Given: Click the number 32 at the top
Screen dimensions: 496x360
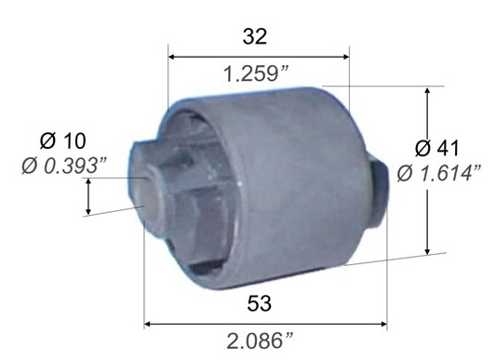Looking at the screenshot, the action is pos(255,36).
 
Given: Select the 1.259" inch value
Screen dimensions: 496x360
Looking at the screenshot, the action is pos(256,74).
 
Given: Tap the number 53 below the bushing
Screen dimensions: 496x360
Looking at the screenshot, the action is pos(259,303).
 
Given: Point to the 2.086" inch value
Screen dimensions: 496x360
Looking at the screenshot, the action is pos(260,340).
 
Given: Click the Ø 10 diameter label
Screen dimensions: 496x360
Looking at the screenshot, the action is pos(63,140).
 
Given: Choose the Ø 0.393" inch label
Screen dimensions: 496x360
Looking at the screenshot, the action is pos(64,166).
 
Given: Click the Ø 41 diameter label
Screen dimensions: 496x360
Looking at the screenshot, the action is pos(436,148).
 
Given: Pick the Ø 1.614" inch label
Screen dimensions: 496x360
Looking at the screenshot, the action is pos(439,173).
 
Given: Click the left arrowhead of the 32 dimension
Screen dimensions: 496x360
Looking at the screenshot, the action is pos(172,57).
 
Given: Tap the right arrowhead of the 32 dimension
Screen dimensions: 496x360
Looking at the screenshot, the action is pos(345,57).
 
